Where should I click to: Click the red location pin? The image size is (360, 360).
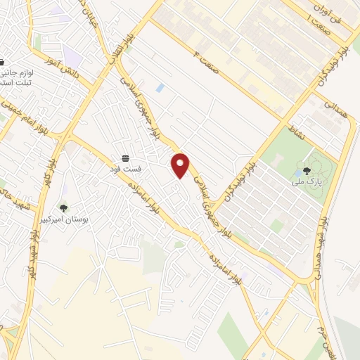tap(181, 165)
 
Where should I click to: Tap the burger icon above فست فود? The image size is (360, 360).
tap(125, 157)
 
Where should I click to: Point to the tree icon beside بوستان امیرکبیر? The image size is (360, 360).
tap(64, 207)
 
